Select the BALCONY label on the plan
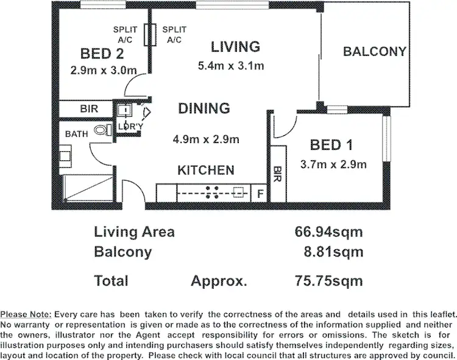pyautogui.click(x=374, y=52)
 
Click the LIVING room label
pyautogui.click(x=235, y=46)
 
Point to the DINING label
pyautogui.click(x=204, y=108)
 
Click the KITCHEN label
pyautogui.click(x=206, y=170)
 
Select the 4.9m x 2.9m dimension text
pyautogui.click(x=205, y=139)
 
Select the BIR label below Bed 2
pyautogui.click(x=90, y=110)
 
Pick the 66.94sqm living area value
pyautogui.click(x=329, y=232)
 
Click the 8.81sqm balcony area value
pyautogui.click(x=334, y=252)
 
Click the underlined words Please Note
pyautogui.click(x=27, y=314)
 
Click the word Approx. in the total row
pyautogui.click(x=219, y=281)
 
